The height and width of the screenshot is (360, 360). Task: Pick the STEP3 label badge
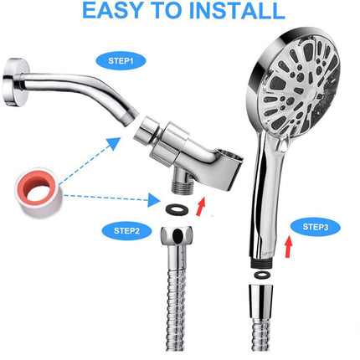click(x=315, y=226)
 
